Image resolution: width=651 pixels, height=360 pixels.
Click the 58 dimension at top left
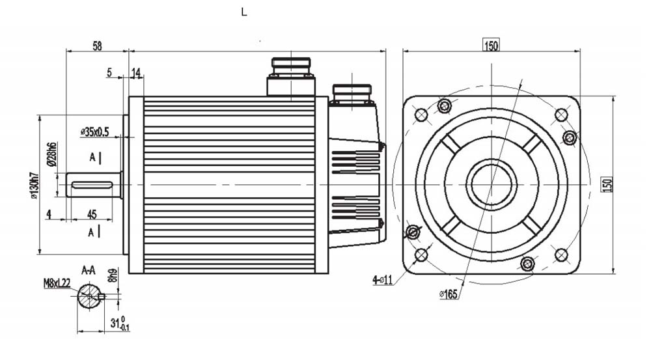pyautogui.click(x=97, y=46)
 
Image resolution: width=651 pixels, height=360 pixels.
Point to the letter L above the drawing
pyautogui.click(x=244, y=12)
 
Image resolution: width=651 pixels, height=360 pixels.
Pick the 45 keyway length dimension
pyautogui.click(x=92, y=214)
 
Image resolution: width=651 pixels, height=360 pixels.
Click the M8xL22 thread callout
pyautogui.click(x=57, y=283)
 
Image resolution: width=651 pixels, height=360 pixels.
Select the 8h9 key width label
pyautogui.click(x=114, y=275)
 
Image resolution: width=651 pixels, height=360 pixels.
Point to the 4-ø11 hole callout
pyautogui.click(x=383, y=280)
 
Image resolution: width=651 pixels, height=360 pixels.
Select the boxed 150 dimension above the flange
pyautogui.click(x=491, y=45)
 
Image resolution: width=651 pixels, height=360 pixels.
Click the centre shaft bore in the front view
pyautogui.click(x=491, y=184)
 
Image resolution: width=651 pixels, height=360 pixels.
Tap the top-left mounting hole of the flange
pyautogui.click(x=421, y=115)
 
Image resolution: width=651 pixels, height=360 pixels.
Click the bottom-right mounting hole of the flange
pyautogui.click(x=561, y=254)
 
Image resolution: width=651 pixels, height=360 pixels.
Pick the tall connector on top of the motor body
pyautogui.click(x=291, y=77)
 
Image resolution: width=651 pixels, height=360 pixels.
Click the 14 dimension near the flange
pyautogui.click(x=137, y=73)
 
